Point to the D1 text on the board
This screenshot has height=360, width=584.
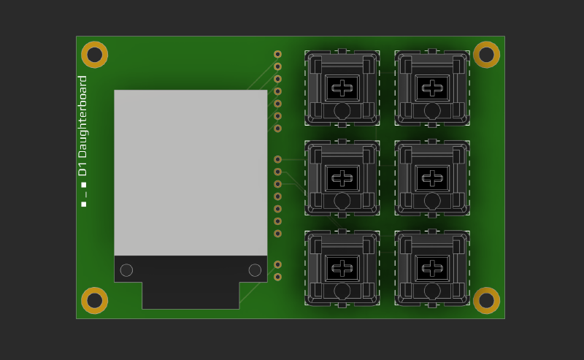[82, 168]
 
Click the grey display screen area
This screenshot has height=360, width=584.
[191, 172]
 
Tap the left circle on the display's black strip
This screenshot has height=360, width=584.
[126, 270]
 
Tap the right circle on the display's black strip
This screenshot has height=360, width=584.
[255, 270]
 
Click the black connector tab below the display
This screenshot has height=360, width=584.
[191, 296]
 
